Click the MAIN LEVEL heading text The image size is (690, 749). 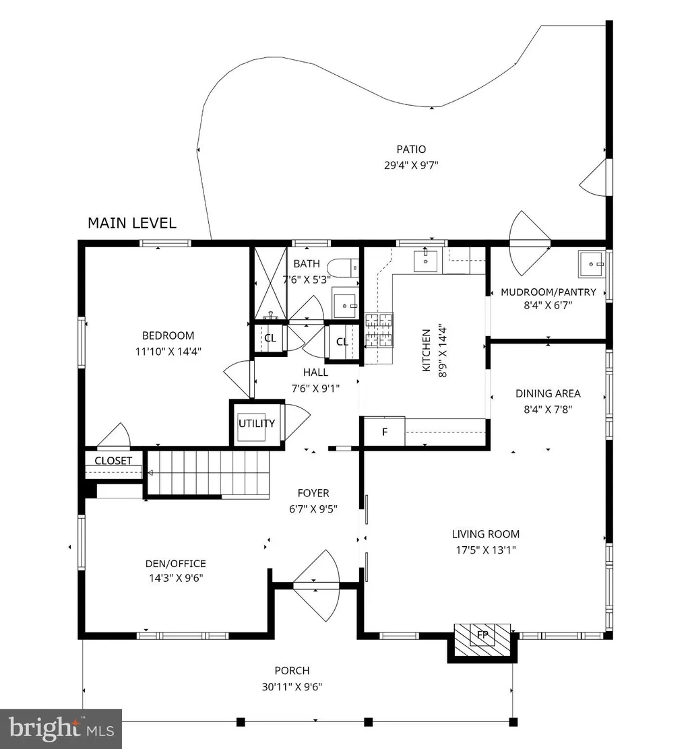point(132,223)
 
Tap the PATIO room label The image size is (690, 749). point(411,150)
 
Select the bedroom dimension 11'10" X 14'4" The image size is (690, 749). point(168,352)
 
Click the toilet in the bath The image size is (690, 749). point(345,267)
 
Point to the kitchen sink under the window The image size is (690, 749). point(425,261)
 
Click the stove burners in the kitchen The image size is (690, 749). point(379,330)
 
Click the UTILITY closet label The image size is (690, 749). point(257,423)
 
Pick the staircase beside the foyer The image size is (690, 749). point(208,474)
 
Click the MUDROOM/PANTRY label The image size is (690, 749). point(548,292)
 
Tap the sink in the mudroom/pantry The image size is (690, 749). point(592,263)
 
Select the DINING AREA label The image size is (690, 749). point(548,393)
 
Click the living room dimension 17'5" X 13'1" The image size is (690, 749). point(485,550)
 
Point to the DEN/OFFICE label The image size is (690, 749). point(176,564)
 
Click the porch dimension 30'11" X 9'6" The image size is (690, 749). point(292,687)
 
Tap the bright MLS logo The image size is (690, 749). point(61,729)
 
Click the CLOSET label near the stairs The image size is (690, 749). point(113,461)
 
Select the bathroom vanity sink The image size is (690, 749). point(345,303)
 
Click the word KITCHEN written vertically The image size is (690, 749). point(427,350)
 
